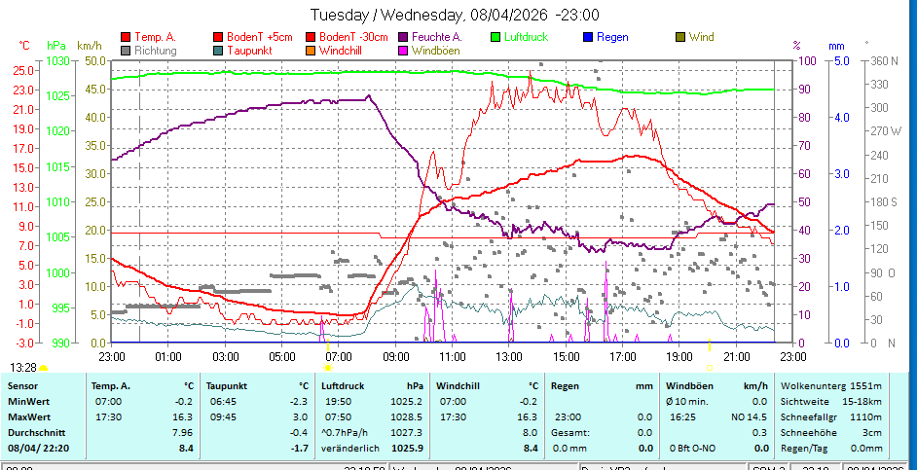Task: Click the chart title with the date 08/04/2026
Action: (454, 15)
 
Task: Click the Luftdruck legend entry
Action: (527, 37)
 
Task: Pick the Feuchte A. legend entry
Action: (436, 37)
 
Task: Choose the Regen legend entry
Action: (611, 37)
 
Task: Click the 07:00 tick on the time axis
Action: (338, 357)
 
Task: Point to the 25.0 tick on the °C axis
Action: (23, 70)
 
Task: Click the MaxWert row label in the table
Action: (28, 416)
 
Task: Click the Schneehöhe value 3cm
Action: (871, 432)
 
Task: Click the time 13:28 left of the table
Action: (23, 367)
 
